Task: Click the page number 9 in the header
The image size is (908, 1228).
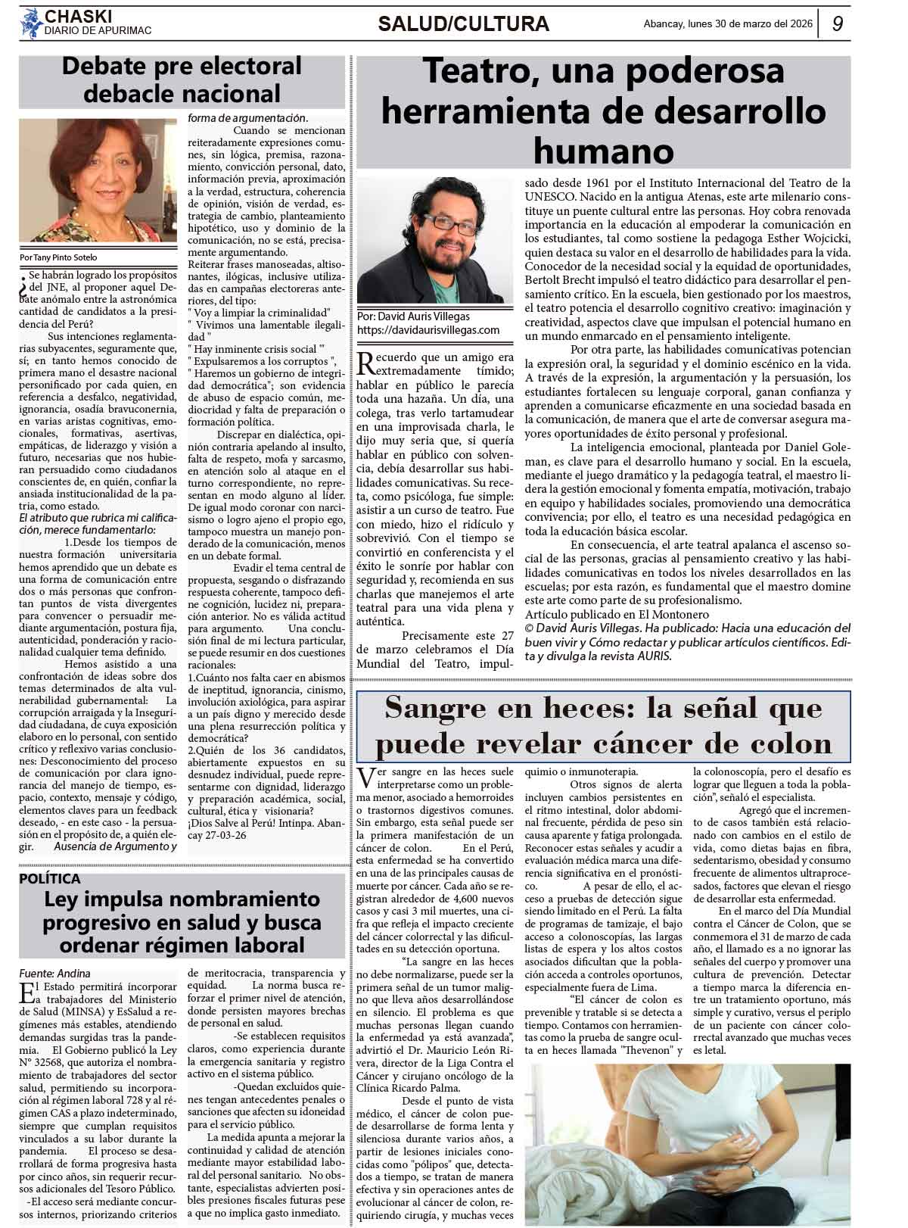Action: pos(838,23)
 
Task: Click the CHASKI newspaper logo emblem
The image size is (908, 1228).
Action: pos(31,22)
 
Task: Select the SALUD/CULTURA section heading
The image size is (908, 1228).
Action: pos(463,24)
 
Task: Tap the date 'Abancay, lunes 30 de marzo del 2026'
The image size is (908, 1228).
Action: pos(727,23)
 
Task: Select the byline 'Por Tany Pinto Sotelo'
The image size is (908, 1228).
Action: pos(59,257)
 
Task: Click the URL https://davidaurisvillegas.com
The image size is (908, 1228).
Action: pos(428,330)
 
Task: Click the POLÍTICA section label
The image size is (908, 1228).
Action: pos(50,878)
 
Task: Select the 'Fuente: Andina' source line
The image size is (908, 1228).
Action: pos(54,973)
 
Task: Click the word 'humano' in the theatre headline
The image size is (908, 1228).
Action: pos(603,151)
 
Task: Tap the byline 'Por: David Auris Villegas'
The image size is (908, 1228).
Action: pos(413,316)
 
